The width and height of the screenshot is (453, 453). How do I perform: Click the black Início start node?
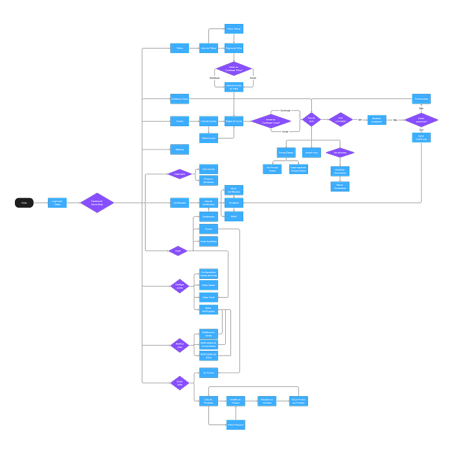click(x=24, y=203)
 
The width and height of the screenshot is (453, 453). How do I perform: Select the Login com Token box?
click(x=57, y=203)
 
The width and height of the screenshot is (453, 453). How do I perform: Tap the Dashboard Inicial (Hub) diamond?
click(x=97, y=203)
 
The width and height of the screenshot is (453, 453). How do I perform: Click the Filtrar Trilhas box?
click(x=234, y=29)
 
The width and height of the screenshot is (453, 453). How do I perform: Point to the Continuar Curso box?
click(x=179, y=99)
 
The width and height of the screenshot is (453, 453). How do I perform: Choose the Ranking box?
click(x=179, y=149)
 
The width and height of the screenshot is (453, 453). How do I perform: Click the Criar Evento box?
click(x=208, y=169)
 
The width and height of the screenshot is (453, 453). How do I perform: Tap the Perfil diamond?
click(x=178, y=250)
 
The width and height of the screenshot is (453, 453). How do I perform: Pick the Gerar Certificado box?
click(x=421, y=138)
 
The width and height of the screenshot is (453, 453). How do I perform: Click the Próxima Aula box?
click(x=421, y=99)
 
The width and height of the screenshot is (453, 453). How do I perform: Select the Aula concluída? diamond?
click(x=340, y=120)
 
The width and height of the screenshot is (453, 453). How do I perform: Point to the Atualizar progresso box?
click(x=377, y=120)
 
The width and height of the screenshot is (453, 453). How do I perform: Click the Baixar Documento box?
click(x=340, y=186)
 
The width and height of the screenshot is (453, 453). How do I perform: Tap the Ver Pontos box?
click(x=208, y=373)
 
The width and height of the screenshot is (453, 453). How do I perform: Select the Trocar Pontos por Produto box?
click(x=298, y=401)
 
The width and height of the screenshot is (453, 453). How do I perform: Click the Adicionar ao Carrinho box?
click(x=267, y=401)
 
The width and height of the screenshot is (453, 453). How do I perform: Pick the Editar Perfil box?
click(x=208, y=297)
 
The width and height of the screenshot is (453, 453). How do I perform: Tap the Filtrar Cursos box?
click(x=208, y=138)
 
